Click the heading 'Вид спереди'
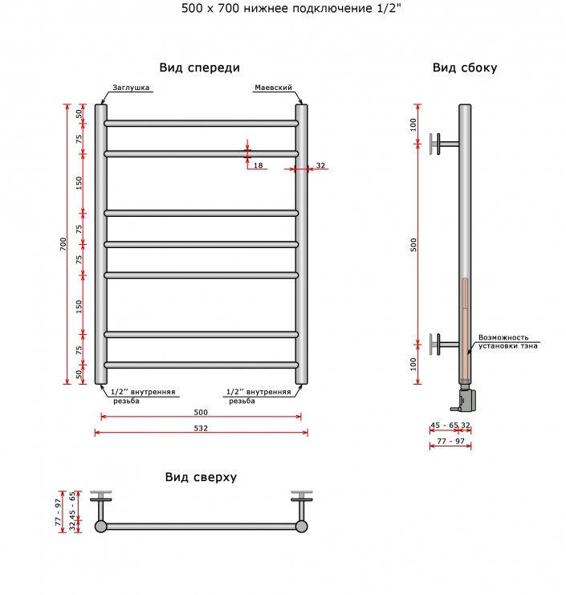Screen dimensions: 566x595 point(200,68)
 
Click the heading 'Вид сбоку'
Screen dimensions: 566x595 point(465,67)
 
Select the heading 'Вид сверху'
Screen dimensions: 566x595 point(201,477)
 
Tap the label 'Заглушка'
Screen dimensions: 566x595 point(131,88)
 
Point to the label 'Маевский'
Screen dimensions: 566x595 point(273,88)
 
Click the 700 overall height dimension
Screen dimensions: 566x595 point(63,244)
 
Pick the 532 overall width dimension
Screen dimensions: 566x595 point(201,428)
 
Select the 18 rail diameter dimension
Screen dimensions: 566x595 point(258,165)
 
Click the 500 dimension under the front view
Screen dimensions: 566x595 point(201,412)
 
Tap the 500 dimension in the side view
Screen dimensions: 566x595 point(413,245)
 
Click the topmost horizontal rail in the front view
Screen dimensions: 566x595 point(201,124)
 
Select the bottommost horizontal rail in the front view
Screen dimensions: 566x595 point(201,365)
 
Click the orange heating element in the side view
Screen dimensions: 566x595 point(465,329)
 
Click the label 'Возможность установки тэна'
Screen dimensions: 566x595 point(507,341)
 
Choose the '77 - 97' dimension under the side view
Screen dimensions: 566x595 point(450,441)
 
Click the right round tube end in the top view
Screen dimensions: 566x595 point(302,526)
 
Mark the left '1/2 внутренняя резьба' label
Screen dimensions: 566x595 point(143,396)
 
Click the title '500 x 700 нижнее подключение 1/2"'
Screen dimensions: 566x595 point(291,8)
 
